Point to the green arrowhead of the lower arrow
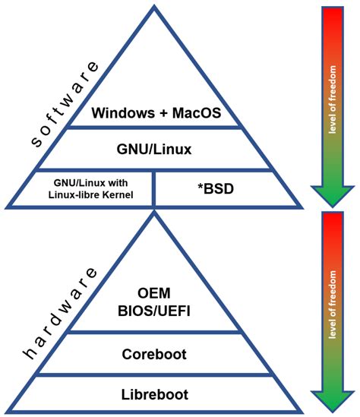pos(332,401)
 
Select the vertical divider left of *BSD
pos(155,187)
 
